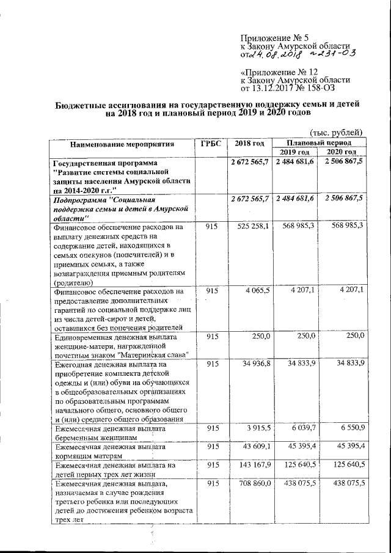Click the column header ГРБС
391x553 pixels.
(x=209, y=144)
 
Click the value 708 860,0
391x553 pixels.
(x=254, y=484)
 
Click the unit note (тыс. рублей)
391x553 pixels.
(x=337, y=133)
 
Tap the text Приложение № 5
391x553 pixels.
(x=271, y=38)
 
